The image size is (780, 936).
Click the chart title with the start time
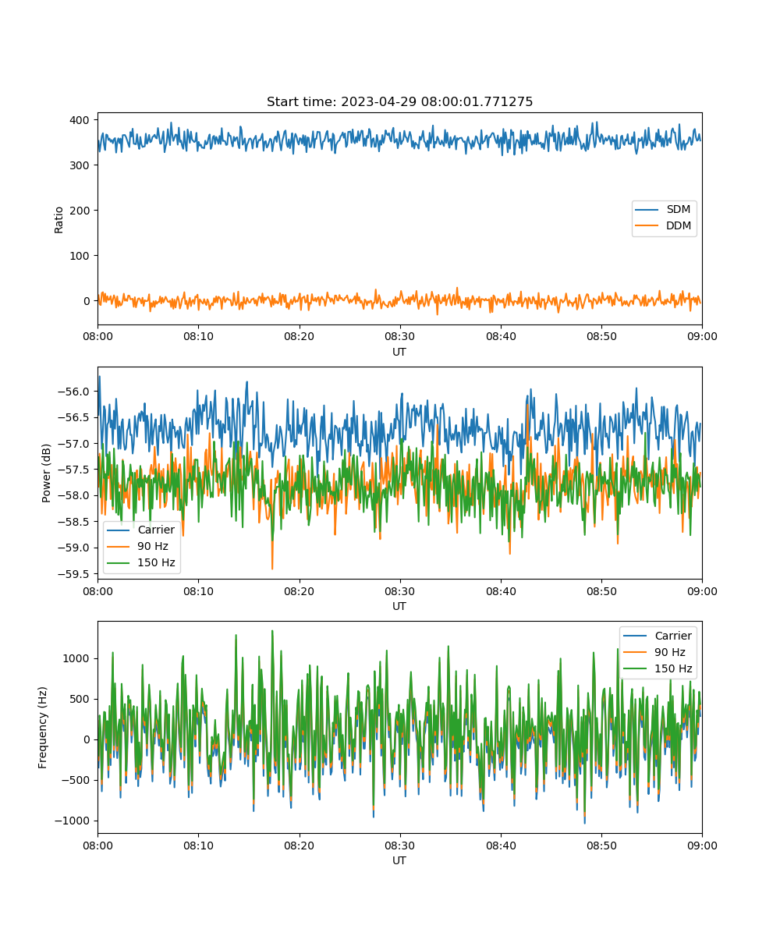tap(399, 101)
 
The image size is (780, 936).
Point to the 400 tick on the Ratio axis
tap(80, 120)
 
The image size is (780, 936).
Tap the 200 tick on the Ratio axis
tap(80, 211)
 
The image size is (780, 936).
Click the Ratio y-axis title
tap(58, 220)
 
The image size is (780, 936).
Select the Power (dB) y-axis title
tap(46, 473)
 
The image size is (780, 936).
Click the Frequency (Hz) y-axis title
tap(43, 728)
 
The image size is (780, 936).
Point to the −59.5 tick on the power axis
tap(73, 574)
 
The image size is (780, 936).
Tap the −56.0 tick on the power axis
tap(73, 392)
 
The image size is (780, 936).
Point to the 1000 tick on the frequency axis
tap(76, 658)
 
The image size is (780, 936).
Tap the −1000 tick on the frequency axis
tap(72, 821)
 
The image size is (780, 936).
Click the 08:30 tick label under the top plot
tap(399, 336)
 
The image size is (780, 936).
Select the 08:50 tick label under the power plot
tap(601, 591)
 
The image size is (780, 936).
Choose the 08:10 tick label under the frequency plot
tap(198, 846)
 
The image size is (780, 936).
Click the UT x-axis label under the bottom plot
tap(399, 860)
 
